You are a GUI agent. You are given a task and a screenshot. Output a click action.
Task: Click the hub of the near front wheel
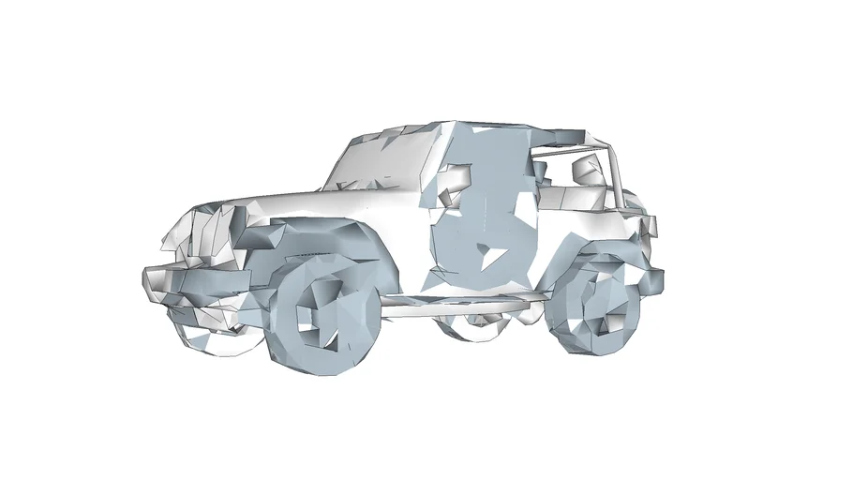point(320,319)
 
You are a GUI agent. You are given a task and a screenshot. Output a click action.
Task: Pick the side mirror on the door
point(456,179)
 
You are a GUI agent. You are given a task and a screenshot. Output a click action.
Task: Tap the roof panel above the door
point(487,131)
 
